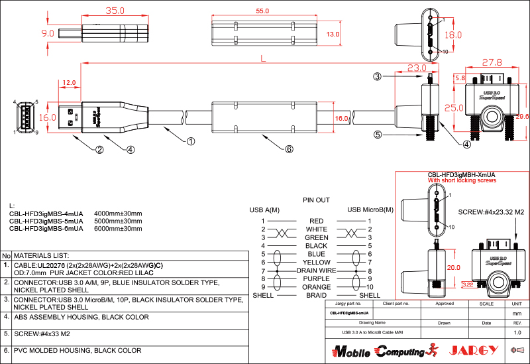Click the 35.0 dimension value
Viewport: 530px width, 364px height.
click(115, 11)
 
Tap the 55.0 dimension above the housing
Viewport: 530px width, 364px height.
click(262, 11)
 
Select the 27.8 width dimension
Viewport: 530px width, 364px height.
click(492, 63)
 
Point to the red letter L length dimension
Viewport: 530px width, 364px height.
click(263, 59)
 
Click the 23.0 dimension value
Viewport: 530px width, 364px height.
click(417, 68)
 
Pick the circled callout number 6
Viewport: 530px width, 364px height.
click(289, 149)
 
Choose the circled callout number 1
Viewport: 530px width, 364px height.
click(190, 141)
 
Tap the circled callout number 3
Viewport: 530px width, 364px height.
click(377, 76)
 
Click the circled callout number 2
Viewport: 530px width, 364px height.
click(99, 149)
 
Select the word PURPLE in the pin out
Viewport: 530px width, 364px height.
click(316, 279)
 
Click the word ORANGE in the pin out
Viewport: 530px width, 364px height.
click(316, 287)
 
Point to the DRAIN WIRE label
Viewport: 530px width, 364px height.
click(316, 271)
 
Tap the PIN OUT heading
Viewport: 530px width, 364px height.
click(316, 200)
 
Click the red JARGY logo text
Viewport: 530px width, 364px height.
click(471, 350)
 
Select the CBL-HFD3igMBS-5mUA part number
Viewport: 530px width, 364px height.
click(46, 221)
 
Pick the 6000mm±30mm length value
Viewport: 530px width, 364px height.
click(119, 228)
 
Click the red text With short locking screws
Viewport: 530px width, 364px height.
click(462, 180)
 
